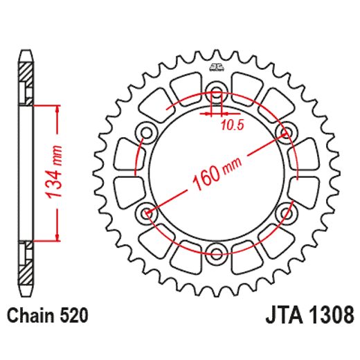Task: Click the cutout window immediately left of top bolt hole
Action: pos(183,88)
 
